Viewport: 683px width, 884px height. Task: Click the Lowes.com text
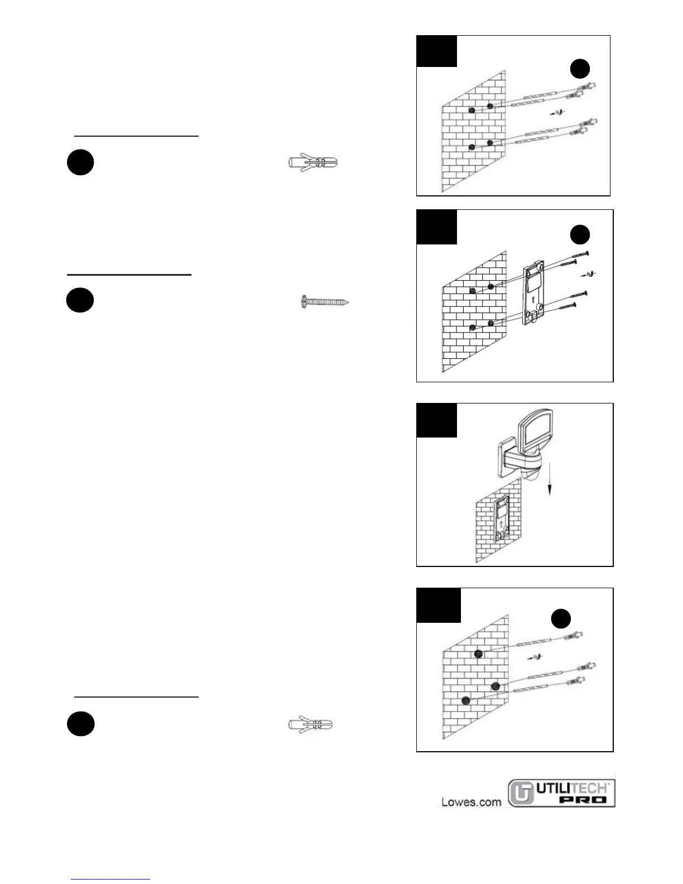pos(471,802)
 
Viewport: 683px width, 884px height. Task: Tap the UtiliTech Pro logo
pos(561,793)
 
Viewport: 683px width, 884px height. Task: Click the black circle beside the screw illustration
pos(80,300)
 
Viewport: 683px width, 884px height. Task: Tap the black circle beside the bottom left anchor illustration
pos(80,723)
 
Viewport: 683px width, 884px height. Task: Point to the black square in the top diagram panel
pos(437,51)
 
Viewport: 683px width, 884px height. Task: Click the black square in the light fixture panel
pos(437,420)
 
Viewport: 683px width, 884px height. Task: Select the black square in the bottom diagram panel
pos(439,605)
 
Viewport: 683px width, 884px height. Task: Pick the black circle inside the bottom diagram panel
pos(561,619)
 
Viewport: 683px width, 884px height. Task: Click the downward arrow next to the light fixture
pos(550,479)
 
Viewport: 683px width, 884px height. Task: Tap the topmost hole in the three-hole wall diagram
pos(478,654)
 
